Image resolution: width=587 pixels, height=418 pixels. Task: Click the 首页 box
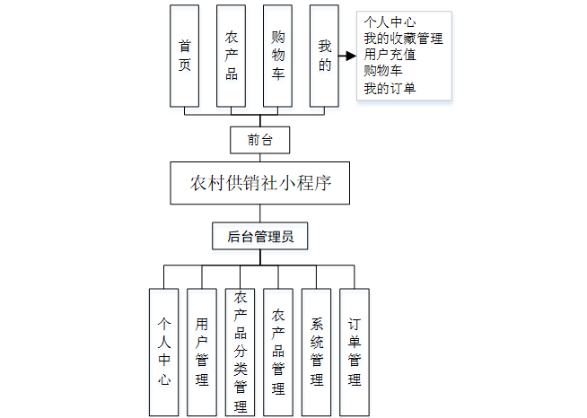[185, 55]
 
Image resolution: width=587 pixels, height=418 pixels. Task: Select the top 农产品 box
[232, 55]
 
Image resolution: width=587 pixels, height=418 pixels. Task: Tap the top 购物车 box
[278, 55]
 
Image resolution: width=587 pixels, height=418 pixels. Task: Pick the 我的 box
[324, 55]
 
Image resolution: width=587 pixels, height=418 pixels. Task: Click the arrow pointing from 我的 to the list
[347, 55]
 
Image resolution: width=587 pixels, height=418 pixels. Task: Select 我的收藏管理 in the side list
[403, 39]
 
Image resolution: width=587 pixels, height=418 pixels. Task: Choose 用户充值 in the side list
[390, 54]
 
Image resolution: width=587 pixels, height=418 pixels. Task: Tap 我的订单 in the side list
[390, 88]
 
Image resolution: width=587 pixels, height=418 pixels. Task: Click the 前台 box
[259, 139]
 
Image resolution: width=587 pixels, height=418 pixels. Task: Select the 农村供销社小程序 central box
[260, 184]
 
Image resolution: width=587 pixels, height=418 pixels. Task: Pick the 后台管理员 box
[260, 237]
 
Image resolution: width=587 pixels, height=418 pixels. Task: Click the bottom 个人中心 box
[163, 351]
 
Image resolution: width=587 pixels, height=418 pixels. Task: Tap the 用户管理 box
[202, 351]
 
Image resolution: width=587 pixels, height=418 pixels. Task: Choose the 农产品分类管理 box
[241, 351]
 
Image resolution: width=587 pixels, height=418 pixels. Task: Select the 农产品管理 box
[278, 351]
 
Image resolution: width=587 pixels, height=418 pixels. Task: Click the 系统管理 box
[317, 351]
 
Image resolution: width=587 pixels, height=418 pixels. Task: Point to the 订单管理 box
[355, 351]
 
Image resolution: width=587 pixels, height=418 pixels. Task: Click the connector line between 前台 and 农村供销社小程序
[259, 158]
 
